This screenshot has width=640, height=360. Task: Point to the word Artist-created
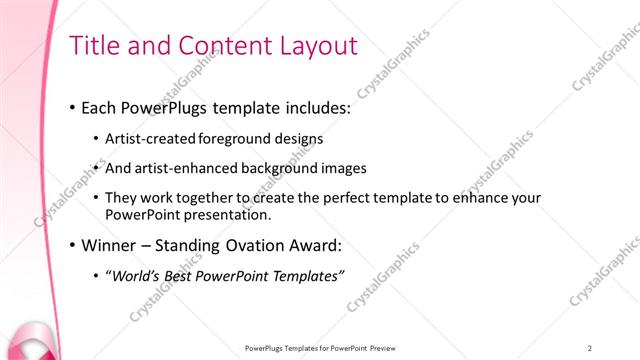click(150, 138)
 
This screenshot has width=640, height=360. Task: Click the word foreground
click(233, 138)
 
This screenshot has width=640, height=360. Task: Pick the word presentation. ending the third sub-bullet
click(241, 214)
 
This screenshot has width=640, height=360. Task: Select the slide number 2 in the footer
click(590, 348)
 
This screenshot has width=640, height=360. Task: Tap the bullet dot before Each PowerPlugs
click(72, 106)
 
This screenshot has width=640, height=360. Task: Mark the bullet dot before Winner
click(72, 246)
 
